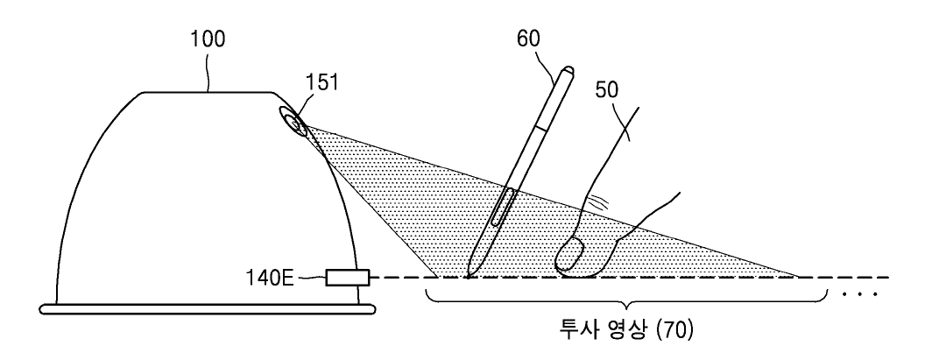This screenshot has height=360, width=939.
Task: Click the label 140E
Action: click(x=272, y=279)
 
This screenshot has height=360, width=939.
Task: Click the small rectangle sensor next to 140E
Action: click(x=348, y=279)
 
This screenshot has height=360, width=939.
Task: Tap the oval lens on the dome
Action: click(x=293, y=120)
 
